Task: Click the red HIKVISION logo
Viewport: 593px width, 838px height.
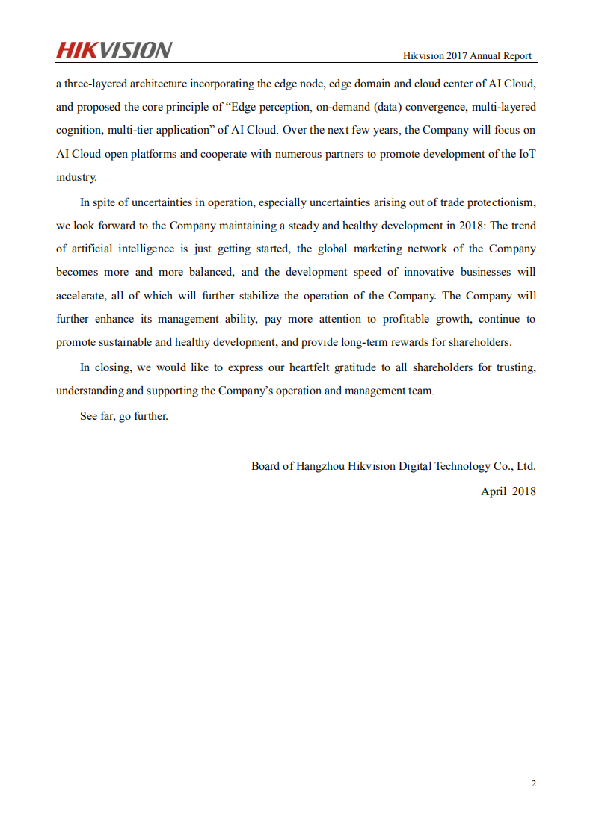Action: tap(114, 50)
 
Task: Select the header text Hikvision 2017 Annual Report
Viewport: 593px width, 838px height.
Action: tap(467, 56)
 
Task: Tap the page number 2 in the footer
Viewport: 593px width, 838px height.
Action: tap(533, 783)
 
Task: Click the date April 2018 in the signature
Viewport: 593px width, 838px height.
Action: tap(508, 491)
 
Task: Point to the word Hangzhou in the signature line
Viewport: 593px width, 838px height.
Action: tap(322, 466)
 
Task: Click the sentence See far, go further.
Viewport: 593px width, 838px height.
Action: tap(124, 416)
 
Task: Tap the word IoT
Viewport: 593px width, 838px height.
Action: tap(526, 154)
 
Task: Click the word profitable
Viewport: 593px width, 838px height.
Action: tap(411, 319)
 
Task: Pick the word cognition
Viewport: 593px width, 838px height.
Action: tap(79, 130)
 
